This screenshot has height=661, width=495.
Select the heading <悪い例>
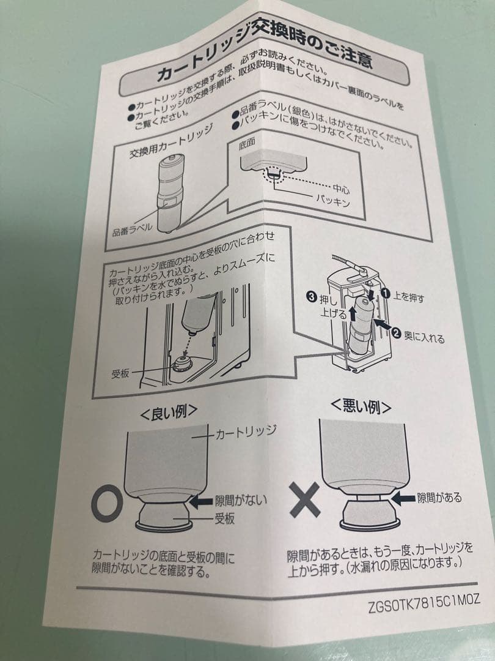click(x=361, y=406)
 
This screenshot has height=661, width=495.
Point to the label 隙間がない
click(x=241, y=501)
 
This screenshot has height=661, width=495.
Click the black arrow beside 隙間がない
click(x=201, y=500)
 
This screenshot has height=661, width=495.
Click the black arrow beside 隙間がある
click(x=403, y=499)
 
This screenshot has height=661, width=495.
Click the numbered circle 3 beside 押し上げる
click(x=312, y=297)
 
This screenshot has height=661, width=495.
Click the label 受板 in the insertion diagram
click(x=120, y=373)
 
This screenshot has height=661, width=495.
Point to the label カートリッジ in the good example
click(x=246, y=433)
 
